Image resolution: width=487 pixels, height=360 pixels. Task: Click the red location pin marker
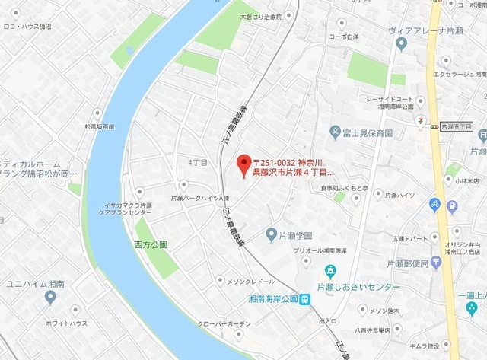tap(243, 164)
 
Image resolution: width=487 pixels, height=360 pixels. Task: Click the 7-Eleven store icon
tap(419, 119)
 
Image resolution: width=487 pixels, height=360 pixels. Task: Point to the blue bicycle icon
tap(434, 204)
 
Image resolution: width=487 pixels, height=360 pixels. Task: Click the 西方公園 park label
tap(151, 244)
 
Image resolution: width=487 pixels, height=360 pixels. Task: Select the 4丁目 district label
tap(197, 162)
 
